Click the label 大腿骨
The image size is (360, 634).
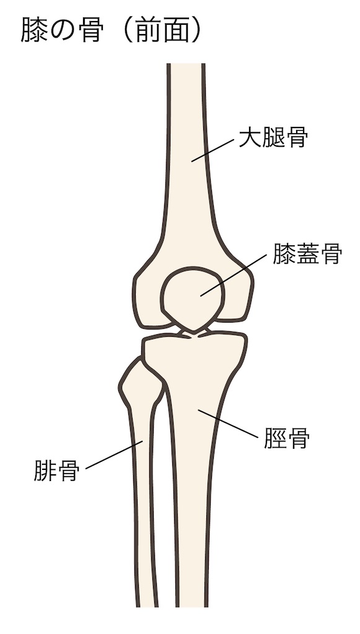pyautogui.click(x=273, y=137)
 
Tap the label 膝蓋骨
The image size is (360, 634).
pyautogui.click(x=307, y=253)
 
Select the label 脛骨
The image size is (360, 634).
pyautogui.click(x=287, y=438)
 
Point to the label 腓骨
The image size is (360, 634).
pyautogui.click(x=56, y=471)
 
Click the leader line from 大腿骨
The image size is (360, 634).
pyautogui.click(x=213, y=150)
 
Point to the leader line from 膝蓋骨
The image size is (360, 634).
pyautogui.click(x=234, y=275)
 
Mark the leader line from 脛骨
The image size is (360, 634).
pyautogui.click(x=228, y=423)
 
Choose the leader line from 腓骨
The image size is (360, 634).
pyautogui.click(x=114, y=455)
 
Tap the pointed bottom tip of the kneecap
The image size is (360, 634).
pyautogui.click(x=194, y=332)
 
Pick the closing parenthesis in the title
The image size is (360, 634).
pyautogui.click(x=196, y=30)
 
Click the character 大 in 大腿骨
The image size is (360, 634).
pyautogui.click(x=250, y=137)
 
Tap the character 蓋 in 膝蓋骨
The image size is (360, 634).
pyautogui.click(x=307, y=253)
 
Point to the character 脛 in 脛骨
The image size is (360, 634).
pyautogui.click(x=276, y=438)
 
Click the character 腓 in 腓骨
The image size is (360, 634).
pyautogui.click(x=45, y=471)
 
